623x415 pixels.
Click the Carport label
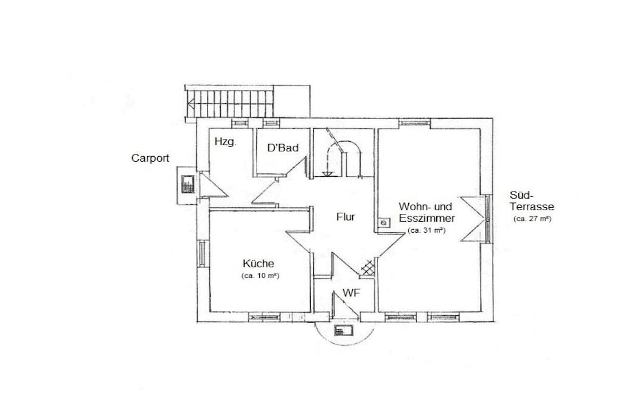(x=150, y=159)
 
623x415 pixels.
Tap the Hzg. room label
(x=225, y=142)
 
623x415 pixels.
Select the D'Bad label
(x=283, y=148)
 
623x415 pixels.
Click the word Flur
(x=346, y=217)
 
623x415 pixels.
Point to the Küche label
(x=258, y=264)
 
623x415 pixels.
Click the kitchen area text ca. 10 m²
(x=260, y=276)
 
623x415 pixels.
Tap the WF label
(x=352, y=293)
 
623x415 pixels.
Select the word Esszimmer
(x=426, y=219)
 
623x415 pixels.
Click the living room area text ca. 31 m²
(x=426, y=230)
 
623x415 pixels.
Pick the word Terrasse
(x=532, y=207)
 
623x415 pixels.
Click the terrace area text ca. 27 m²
(x=532, y=219)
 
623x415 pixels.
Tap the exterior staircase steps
(x=229, y=103)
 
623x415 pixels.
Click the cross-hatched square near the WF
(x=367, y=268)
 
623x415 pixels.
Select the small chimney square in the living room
(x=384, y=223)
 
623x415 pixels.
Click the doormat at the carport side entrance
(x=187, y=184)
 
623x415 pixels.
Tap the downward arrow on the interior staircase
(x=327, y=162)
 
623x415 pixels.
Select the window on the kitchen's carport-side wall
(x=202, y=253)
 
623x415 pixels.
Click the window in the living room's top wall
(x=414, y=123)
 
